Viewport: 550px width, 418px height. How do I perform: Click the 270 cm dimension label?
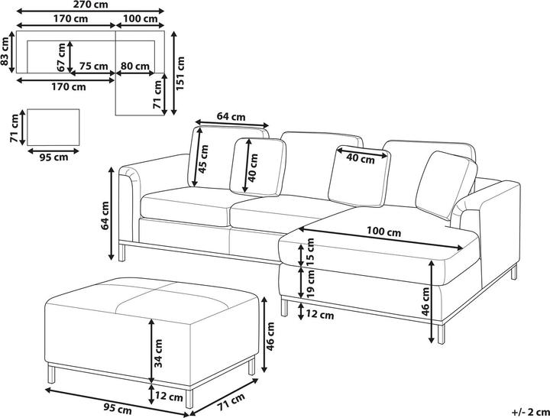click(91, 5)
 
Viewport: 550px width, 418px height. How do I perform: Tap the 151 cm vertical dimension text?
click(180, 73)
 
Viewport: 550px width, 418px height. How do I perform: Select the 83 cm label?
click(5, 52)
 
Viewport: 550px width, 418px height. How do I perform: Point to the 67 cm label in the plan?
click(61, 57)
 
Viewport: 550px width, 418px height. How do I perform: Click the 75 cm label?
click(93, 66)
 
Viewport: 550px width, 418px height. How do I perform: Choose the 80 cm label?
click(135, 66)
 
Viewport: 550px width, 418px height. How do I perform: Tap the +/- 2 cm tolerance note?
click(531, 412)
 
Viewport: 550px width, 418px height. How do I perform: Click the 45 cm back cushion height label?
click(203, 159)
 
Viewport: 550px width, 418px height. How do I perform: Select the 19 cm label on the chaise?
click(311, 284)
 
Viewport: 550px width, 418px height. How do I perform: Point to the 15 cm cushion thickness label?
click(311, 251)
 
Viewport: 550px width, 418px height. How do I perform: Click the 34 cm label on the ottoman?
click(158, 353)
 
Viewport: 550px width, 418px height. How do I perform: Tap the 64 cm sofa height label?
click(105, 215)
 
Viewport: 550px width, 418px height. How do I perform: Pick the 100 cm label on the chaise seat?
click(383, 232)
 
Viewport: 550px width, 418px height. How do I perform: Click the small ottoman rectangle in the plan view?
click(53, 127)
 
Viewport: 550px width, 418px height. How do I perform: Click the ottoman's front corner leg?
click(189, 398)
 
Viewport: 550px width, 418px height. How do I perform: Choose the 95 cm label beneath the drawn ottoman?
click(118, 409)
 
